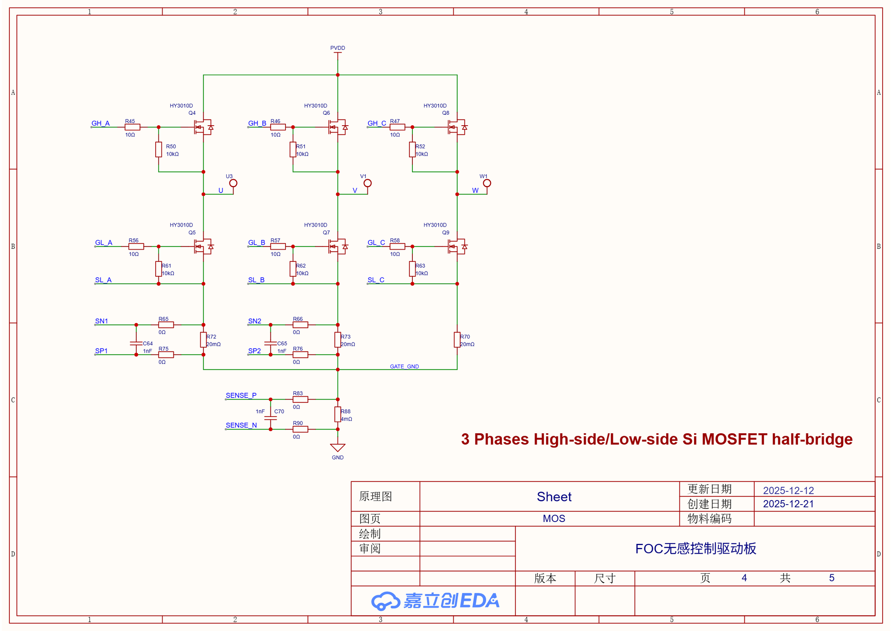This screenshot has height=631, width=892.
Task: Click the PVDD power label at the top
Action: pos(337,48)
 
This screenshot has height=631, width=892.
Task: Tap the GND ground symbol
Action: pos(337,447)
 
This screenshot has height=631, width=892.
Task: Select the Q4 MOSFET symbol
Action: pos(203,127)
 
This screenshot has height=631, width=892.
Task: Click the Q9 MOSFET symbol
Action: pos(457,246)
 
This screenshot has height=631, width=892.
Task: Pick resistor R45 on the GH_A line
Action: pos(133,127)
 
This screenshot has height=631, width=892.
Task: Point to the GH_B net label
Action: pos(257,123)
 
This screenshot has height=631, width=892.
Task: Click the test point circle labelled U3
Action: pos(233,183)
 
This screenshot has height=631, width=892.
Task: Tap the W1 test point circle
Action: pos(487,183)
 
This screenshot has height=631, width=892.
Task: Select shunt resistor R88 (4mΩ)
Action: pos(337,414)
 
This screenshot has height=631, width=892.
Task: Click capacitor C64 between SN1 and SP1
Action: pos(136,343)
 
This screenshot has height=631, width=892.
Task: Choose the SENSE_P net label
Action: pos(241,395)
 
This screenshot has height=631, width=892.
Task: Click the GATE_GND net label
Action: pos(404,366)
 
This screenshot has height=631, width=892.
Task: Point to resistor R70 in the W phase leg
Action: pos(457,340)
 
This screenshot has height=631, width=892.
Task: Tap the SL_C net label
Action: pos(376,280)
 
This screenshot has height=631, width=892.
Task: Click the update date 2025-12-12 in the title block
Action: pos(788,490)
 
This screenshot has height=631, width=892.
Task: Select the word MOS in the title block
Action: pos(554,518)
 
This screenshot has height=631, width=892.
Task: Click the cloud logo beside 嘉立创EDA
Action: pos(386,601)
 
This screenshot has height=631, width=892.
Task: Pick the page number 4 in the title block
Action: pos(744,578)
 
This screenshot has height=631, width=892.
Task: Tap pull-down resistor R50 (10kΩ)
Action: pos(159,150)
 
